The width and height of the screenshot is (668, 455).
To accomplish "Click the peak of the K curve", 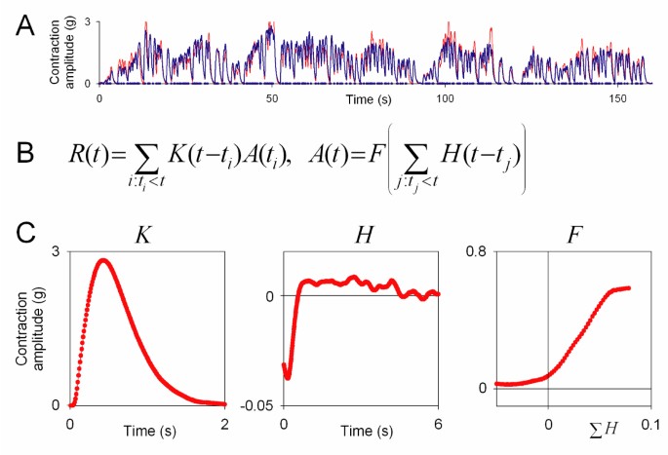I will coord(102,261).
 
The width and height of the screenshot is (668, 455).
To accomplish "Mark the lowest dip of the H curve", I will coord(288,375).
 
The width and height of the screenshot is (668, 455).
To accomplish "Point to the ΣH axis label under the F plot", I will coord(598,425).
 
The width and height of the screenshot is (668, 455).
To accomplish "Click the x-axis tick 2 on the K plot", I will coord(225,423).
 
